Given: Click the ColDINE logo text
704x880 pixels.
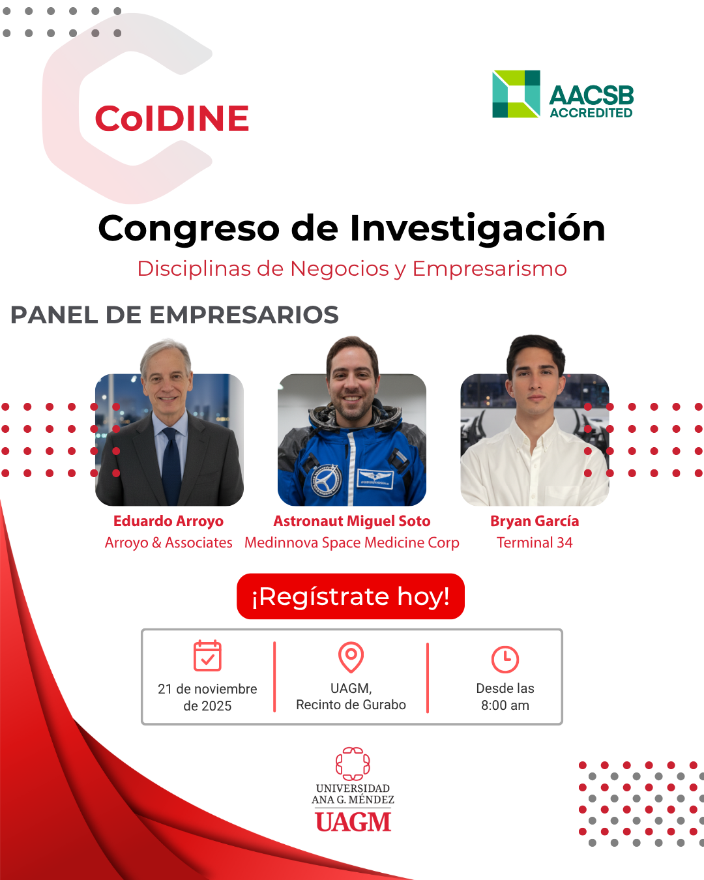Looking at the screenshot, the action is point(172,118).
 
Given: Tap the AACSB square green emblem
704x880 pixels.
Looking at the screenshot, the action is point(516,94).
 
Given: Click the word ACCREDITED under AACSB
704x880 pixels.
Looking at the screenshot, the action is point(591,113).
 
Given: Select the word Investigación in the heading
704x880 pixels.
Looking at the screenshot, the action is point(477,229).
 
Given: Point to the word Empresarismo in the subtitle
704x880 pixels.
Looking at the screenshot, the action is point(490,269).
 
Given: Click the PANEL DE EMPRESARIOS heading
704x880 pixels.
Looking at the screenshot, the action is point(175,315).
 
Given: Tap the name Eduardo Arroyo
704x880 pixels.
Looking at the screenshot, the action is point(169,521).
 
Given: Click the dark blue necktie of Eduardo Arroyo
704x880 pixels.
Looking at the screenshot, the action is point(171,465).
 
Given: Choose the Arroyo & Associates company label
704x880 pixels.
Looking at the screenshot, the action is point(169,542).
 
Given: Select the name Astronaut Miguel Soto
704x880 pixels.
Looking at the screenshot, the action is point(352,521).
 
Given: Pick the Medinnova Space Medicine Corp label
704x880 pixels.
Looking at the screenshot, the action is point(352,542).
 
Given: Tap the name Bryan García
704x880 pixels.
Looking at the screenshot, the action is point(535,521).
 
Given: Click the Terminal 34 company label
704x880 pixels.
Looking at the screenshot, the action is point(535,542).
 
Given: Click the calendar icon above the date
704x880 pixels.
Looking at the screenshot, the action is point(207,656).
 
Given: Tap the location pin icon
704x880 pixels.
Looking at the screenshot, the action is point(351,657).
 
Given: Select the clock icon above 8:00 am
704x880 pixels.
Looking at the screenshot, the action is point(505,659).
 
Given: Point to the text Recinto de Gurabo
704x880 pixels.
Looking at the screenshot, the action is point(351,705).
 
